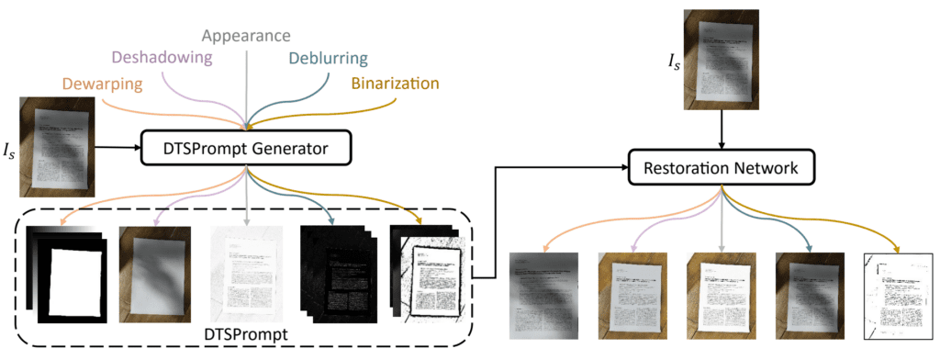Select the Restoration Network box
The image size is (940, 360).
coord(722,169)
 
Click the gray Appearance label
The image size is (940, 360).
coord(245,36)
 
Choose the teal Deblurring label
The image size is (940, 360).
coord(328,59)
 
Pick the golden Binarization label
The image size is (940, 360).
coord(396,84)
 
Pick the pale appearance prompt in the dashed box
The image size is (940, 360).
coord(245,270)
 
